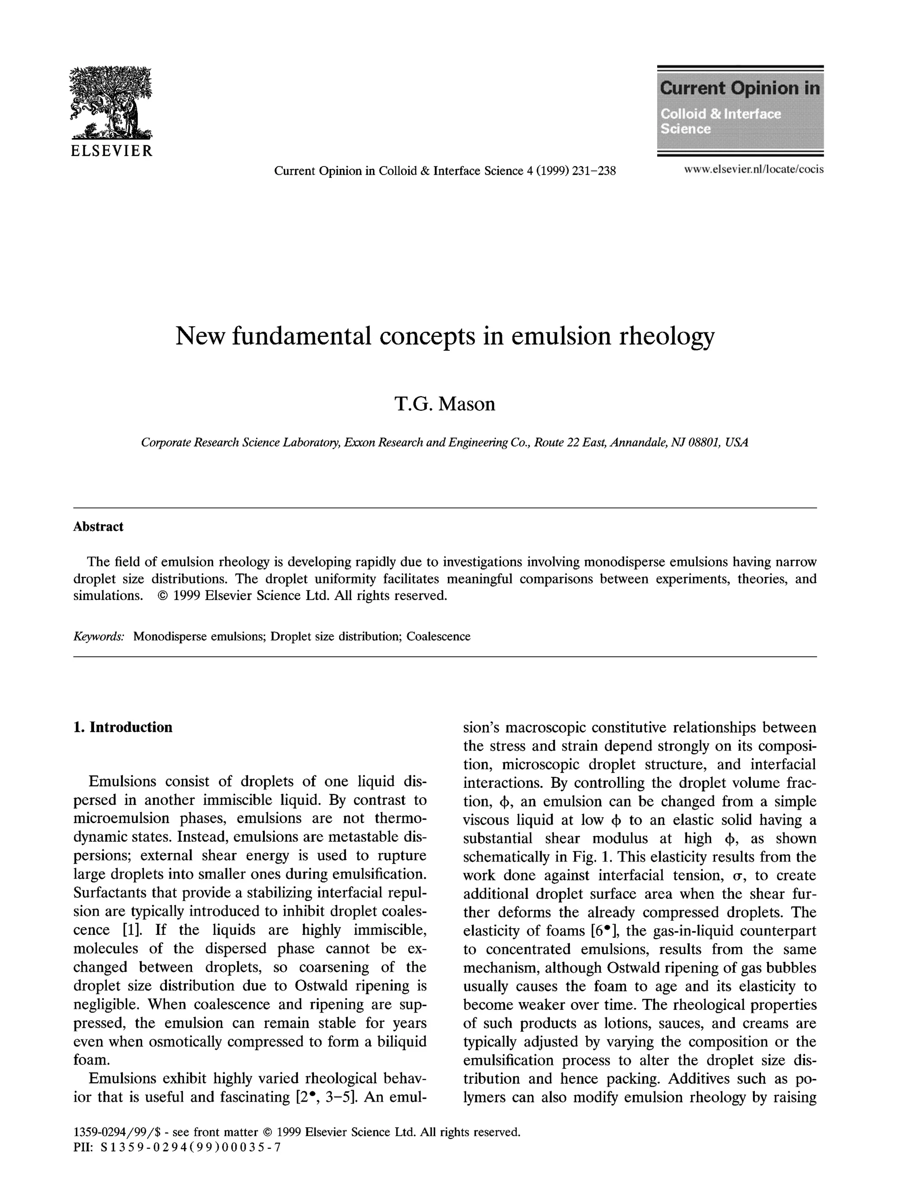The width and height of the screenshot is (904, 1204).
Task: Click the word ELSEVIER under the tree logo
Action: (112, 151)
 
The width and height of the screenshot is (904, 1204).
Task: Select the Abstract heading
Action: (98, 527)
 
